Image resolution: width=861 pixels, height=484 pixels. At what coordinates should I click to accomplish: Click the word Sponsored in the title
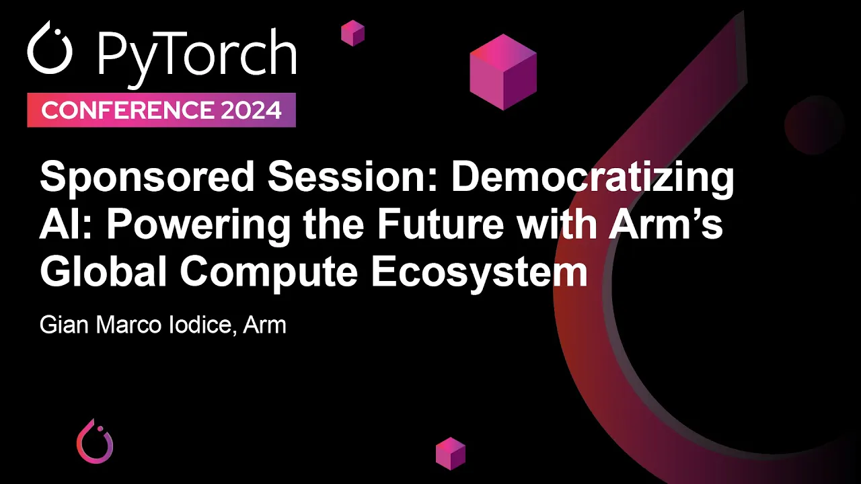pyautogui.click(x=147, y=179)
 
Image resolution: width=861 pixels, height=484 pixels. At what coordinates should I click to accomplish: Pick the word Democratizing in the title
pyautogui.click(x=592, y=179)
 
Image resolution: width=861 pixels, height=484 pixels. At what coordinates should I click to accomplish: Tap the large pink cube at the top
pyautogui.click(x=503, y=71)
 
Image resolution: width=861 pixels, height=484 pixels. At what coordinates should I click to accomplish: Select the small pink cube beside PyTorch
pyautogui.click(x=352, y=32)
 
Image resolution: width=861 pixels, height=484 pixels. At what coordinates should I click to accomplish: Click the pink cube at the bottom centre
pyautogui.click(x=451, y=453)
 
